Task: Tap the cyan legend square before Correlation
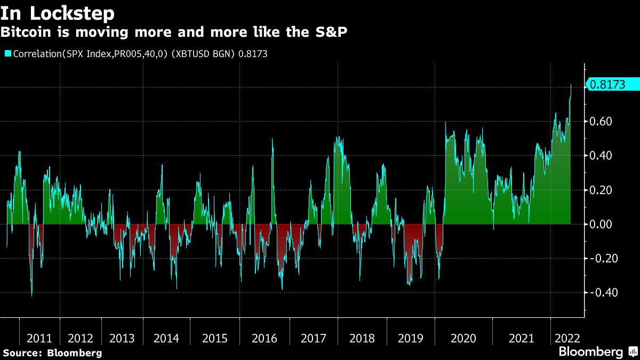tap(8, 53)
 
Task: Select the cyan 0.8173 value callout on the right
tap(612, 84)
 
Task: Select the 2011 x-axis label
tap(39, 338)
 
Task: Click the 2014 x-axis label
tap(166, 338)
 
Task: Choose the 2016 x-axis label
tap(265, 338)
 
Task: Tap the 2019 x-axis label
tap(411, 338)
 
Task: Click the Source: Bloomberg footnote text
tap(52, 353)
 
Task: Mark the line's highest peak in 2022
tap(571, 84)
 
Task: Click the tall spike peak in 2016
tap(273, 139)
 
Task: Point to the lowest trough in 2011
tap(31, 295)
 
